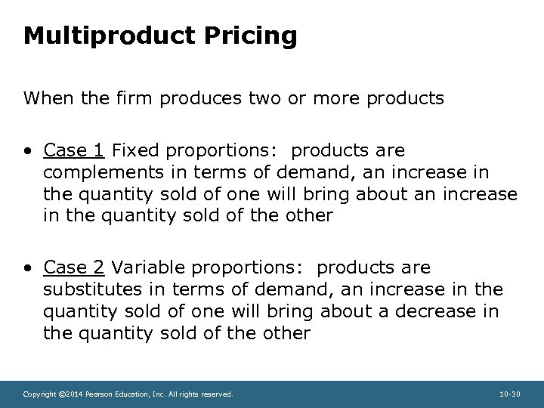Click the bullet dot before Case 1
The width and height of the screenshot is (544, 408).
[x=28, y=150]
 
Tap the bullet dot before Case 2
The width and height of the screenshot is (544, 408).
[x=28, y=268]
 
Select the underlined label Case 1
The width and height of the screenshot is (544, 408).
[x=74, y=150]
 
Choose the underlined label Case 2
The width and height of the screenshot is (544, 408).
[x=74, y=267]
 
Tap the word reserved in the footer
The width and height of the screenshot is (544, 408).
[x=217, y=394]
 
